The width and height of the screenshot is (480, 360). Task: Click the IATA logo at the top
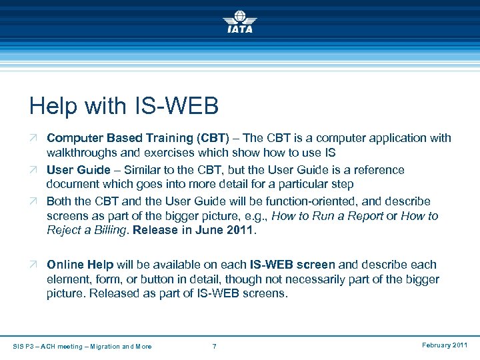240,21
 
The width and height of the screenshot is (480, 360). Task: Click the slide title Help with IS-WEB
124,106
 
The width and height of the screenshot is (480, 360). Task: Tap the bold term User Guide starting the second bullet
78,170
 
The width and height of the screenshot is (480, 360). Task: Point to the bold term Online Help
80,265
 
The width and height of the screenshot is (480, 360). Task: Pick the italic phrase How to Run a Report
337,217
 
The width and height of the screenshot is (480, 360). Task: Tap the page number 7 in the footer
214,346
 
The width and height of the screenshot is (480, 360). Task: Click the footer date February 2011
445,345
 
